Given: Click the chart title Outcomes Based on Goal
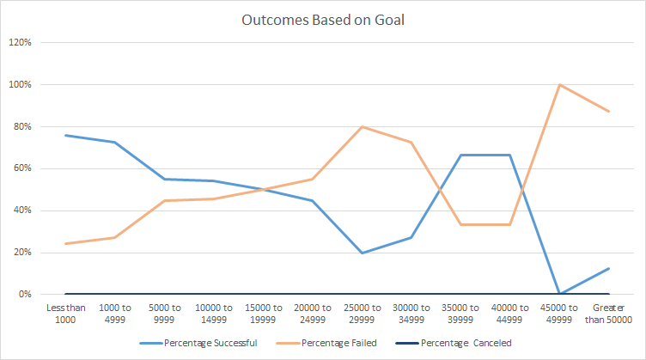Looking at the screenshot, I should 323,20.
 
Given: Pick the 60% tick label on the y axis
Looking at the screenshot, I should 21,168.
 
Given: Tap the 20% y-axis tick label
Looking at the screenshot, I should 21,253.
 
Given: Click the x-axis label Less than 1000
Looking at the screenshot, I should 65,313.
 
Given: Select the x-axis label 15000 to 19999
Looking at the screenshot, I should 264,313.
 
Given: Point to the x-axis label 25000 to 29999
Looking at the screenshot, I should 363,313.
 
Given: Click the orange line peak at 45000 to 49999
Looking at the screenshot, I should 560,84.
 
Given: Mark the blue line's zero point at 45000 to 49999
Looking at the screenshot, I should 560,294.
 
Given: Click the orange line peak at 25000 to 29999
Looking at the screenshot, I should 363,126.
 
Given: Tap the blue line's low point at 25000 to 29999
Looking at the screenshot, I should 363,253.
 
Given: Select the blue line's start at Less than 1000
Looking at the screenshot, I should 65,135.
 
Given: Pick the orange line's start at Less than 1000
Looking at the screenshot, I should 65,243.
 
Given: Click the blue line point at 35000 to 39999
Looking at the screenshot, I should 461,155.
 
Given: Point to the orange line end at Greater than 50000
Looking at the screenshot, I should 609,111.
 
